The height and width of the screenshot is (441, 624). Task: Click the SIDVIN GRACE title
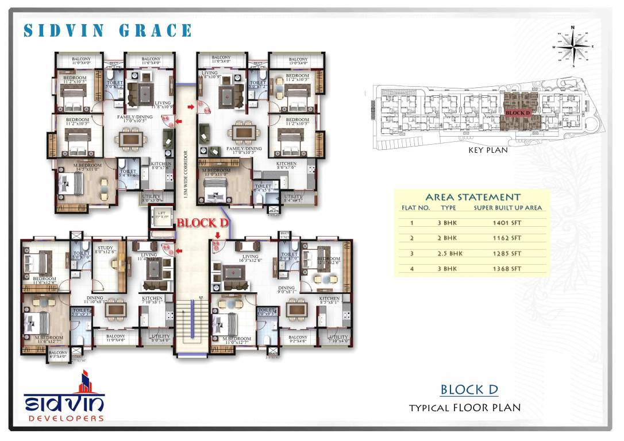click(x=108, y=30)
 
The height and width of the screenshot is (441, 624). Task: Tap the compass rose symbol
click(x=573, y=47)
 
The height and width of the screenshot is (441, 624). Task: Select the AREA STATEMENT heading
click(x=473, y=197)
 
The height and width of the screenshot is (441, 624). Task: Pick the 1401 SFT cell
click(x=507, y=222)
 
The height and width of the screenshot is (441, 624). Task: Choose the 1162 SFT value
click(x=507, y=238)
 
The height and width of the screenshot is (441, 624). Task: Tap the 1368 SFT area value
click(x=507, y=268)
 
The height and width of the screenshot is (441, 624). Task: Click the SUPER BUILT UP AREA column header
click(x=507, y=208)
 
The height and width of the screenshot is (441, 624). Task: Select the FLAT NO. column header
click(x=415, y=208)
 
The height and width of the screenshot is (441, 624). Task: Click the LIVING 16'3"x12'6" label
click(x=251, y=259)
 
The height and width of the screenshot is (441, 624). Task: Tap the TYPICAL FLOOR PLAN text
click(x=464, y=408)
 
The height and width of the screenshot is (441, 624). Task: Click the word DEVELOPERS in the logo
click(x=64, y=419)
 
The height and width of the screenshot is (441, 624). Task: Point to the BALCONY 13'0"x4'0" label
click(x=298, y=60)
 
